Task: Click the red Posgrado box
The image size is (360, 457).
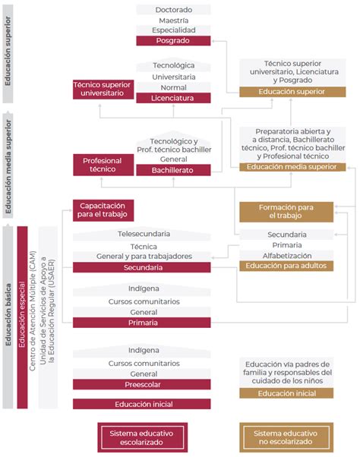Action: (x=173, y=40)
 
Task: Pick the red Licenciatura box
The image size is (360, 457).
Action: (x=173, y=98)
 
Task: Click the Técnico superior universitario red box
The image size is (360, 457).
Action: (x=103, y=89)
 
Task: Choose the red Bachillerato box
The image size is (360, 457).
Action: (x=173, y=170)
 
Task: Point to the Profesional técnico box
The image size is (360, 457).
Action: (x=103, y=165)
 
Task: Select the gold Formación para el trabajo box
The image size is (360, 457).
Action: (x=286, y=211)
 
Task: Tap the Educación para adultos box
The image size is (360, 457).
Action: (x=286, y=266)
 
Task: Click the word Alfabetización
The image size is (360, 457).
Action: (x=286, y=256)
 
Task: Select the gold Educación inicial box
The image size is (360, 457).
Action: (x=286, y=393)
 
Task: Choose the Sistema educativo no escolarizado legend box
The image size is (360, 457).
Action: (x=286, y=437)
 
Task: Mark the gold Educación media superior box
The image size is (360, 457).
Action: (x=286, y=166)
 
